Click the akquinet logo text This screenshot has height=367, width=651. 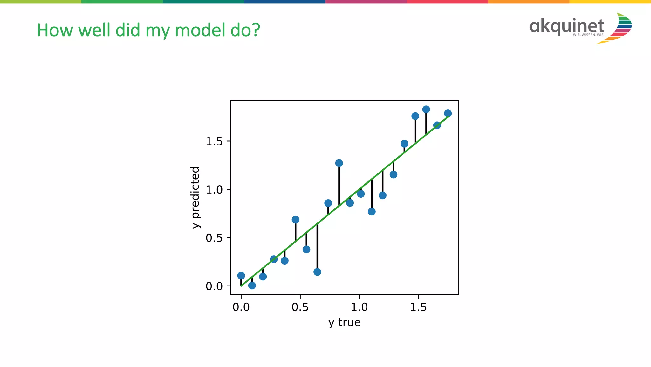coord(566,26)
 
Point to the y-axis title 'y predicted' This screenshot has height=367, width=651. coord(195,197)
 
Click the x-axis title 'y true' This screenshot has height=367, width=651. coord(344,322)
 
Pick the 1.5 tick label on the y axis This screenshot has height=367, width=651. coord(214,141)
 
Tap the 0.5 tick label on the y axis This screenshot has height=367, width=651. coord(214,238)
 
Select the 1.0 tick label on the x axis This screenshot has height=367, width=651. coord(359,307)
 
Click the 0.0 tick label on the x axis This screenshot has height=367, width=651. coord(241,307)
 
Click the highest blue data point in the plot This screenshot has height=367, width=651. coord(426,109)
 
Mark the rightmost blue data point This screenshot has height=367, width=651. coord(448,113)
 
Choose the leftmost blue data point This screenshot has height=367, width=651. coord(241,276)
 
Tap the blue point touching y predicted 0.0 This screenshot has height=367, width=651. coord(252,286)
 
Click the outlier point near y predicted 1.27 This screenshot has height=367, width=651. coord(339,163)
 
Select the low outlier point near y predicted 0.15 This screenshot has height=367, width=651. coord(317,272)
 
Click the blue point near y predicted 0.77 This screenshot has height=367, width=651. coord(372,212)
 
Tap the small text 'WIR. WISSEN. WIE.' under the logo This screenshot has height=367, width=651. coord(588,35)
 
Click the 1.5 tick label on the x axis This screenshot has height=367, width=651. coord(418,307)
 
